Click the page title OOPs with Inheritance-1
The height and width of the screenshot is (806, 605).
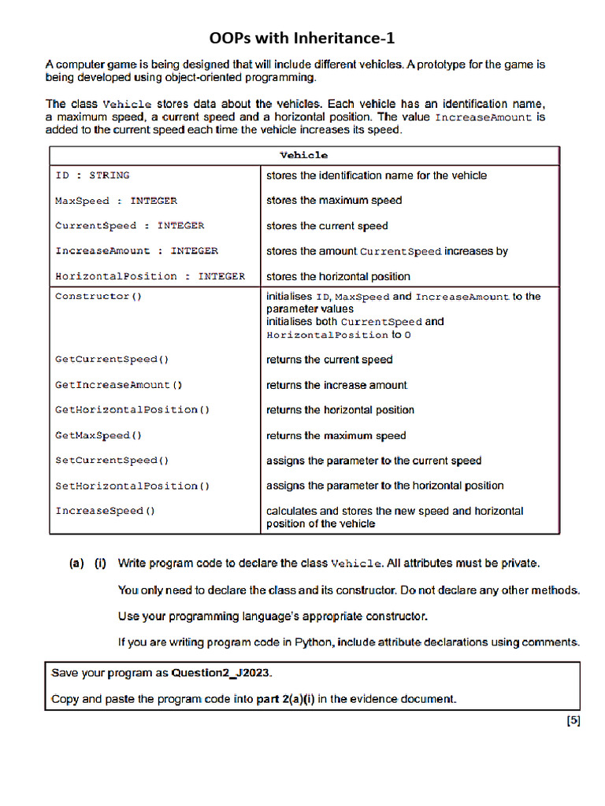point(302,39)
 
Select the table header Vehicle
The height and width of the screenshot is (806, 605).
point(303,155)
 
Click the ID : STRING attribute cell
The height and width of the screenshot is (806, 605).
point(92,176)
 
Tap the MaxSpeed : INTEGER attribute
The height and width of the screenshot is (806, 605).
point(116,201)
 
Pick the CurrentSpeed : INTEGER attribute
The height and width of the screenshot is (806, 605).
point(129,226)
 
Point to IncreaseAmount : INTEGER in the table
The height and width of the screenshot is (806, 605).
point(136,251)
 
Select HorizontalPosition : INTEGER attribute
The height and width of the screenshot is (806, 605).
point(150,276)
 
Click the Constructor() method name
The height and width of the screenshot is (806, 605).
point(98,297)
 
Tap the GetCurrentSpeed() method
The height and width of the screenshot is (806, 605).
point(112,360)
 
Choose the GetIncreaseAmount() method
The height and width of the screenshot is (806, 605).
point(118,385)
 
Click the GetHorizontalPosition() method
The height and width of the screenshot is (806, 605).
point(132,410)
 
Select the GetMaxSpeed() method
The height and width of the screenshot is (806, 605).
point(98,435)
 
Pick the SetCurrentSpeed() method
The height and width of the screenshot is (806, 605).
point(112,460)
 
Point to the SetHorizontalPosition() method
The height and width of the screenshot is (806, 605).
point(132,486)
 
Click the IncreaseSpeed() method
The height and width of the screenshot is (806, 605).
point(105,511)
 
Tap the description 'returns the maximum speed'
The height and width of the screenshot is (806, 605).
point(336,435)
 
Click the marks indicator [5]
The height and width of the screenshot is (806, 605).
point(573,720)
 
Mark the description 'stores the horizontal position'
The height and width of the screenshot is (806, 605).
point(338,276)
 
